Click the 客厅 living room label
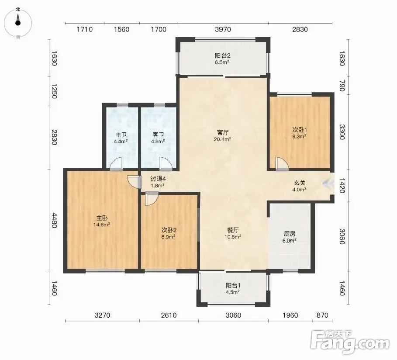click(223, 132)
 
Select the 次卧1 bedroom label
click(300, 130)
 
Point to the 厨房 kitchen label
click(290, 234)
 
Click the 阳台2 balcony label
click(223, 55)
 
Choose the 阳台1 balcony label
click(233, 286)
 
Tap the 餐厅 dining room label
click(233, 230)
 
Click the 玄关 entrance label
click(300, 183)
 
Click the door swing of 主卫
click(117, 163)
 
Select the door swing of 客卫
click(166, 163)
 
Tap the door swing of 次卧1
click(282, 164)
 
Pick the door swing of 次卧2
click(152, 199)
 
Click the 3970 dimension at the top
click(223, 29)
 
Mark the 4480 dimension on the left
click(54, 220)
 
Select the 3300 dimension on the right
click(342, 132)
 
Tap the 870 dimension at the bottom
click(322, 315)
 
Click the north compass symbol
click(18, 22)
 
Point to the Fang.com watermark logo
click(350, 342)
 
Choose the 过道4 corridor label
click(158, 179)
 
